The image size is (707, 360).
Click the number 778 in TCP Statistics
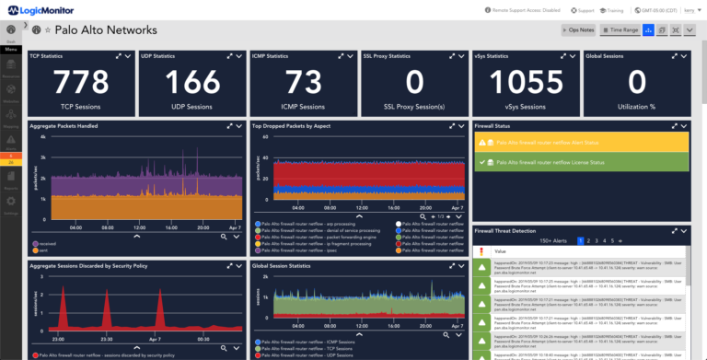82,83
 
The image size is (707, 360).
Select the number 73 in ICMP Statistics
304,83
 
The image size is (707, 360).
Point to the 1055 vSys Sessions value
526,83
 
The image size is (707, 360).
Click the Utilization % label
636,107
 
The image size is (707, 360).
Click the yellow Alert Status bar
581,143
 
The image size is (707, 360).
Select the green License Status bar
581,163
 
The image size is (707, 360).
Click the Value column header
501,251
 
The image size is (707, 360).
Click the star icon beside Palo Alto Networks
48,30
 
